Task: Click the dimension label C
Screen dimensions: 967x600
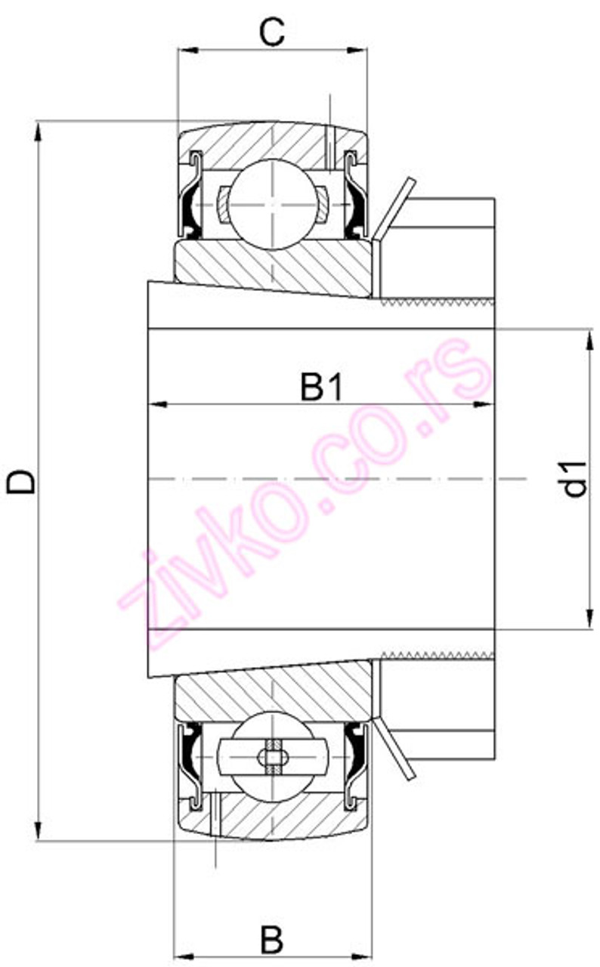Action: [x=271, y=32]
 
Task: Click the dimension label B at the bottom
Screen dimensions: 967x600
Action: [x=272, y=941]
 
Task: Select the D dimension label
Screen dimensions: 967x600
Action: [x=20, y=481]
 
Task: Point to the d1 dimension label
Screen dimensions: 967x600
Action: [x=576, y=479]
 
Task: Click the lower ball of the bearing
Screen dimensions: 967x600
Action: [x=271, y=756]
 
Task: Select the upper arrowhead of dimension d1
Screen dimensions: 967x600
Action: [x=589, y=339]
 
